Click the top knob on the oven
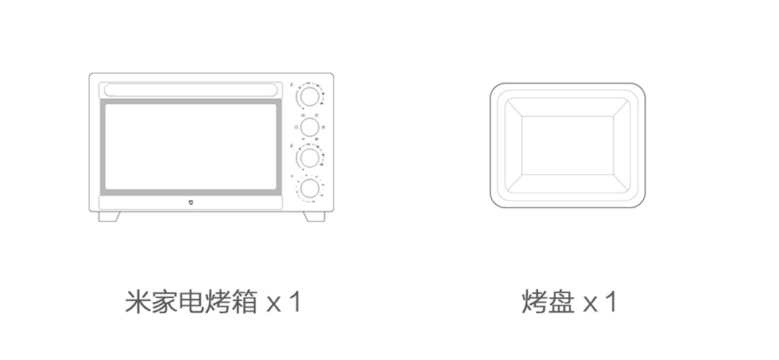309,96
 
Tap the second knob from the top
309,126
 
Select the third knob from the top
309,157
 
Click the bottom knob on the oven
309,188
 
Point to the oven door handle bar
191,90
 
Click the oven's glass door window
191,146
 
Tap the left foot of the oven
110,216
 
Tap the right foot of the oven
315,216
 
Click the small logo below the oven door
191,203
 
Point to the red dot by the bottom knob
303,199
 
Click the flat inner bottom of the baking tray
568,145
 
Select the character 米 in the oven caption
138,302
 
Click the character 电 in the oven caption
192,302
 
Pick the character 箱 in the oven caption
245,302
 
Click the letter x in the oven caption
273,304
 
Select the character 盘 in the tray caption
561,302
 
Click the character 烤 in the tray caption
534,302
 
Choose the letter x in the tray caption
590,304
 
